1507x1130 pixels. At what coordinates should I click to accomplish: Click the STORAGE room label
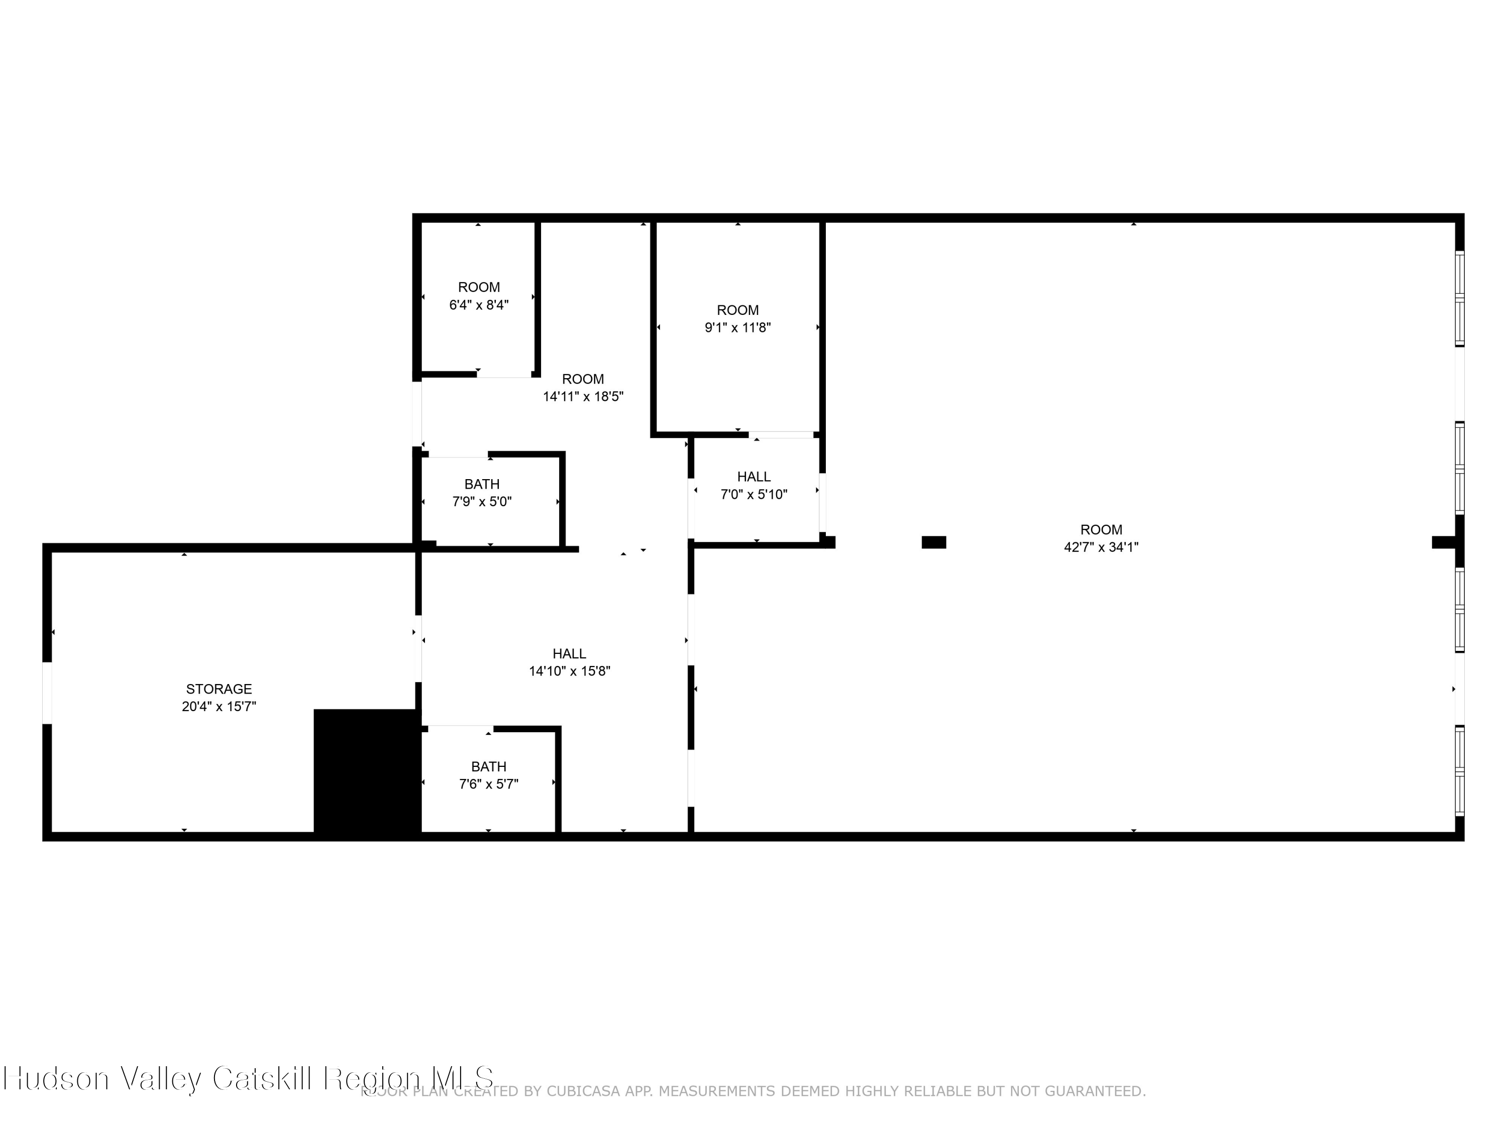point(219,689)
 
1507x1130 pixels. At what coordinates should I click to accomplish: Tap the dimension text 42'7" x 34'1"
point(1101,547)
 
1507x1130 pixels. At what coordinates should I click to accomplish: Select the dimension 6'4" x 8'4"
point(479,305)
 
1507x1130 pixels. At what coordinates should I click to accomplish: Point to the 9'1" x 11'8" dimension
point(738,327)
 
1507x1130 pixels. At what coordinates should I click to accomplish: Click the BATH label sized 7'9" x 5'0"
point(482,484)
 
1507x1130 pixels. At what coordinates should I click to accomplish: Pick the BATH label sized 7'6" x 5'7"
point(488,766)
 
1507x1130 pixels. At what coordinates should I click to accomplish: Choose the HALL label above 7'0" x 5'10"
point(753,477)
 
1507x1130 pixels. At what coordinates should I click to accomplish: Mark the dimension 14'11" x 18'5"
point(583,396)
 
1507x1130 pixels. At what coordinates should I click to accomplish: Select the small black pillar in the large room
point(933,542)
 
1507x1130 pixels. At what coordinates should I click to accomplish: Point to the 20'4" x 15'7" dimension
point(219,706)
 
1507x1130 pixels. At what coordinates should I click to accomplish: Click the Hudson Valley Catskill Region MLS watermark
point(249,1078)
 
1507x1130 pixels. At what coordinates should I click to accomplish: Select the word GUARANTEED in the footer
point(1095,1091)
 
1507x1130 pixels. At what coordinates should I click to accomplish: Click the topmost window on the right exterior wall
point(1459,298)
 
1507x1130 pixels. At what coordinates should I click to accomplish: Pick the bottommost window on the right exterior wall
point(1459,770)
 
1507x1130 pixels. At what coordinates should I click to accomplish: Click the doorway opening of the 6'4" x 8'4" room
point(504,374)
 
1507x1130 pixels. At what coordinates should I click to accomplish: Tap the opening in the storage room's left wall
point(47,693)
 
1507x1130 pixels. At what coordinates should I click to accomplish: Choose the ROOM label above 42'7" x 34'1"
point(1101,529)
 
